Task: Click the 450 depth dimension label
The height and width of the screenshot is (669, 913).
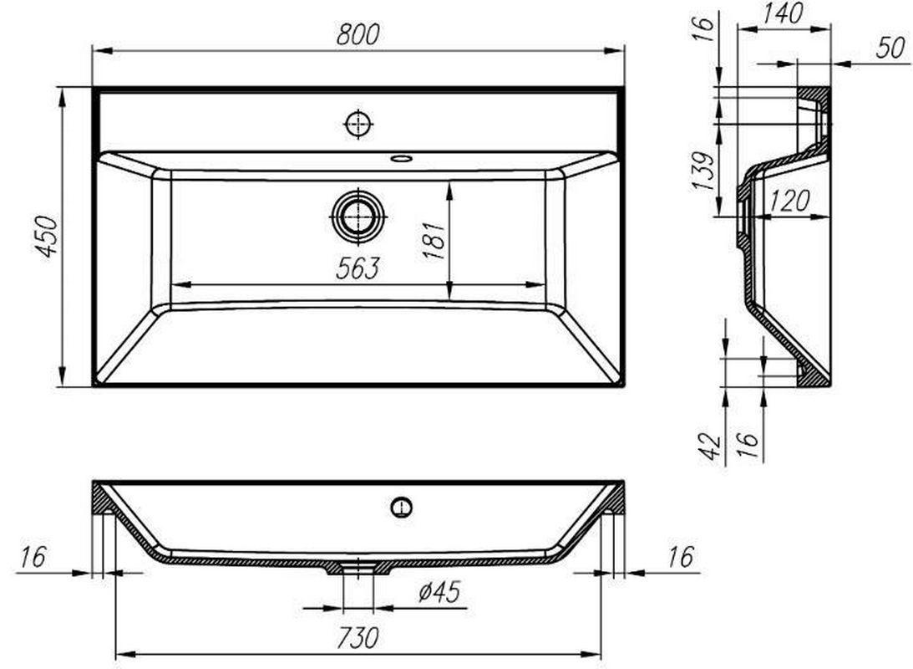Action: [x=47, y=236]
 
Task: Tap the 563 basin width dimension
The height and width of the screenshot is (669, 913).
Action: [x=358, y=268]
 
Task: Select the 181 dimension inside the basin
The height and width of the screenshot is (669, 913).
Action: [x=434, y=240]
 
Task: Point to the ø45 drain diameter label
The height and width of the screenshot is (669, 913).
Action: [x=439, y=592]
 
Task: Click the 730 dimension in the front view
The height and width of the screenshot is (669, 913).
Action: [x=358, y=637]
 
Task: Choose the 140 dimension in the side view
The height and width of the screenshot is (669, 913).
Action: [x=784, y=13]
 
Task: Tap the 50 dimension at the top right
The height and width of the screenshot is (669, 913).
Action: [x=891, y=47]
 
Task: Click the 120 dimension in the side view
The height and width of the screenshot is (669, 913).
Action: [x=789, y=201]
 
